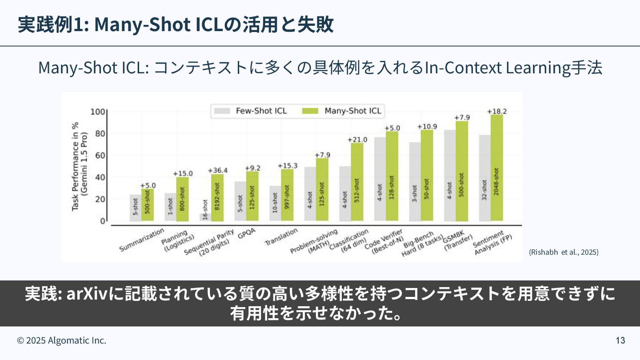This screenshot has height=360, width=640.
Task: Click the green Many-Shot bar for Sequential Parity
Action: (217, 197)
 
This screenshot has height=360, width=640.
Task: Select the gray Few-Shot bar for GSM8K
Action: (450, 176)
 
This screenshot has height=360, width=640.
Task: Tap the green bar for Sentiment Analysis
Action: (496, 168)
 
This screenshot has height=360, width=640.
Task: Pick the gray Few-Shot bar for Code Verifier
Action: (380, 179)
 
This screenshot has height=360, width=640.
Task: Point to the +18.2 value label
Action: (497, 111)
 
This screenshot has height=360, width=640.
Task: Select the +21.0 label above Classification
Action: (357, 140)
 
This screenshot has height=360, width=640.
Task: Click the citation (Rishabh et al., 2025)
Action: (564, 252)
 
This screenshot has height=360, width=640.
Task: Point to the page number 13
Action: (620, 340)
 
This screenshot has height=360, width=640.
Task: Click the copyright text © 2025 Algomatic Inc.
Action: (62, 340)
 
